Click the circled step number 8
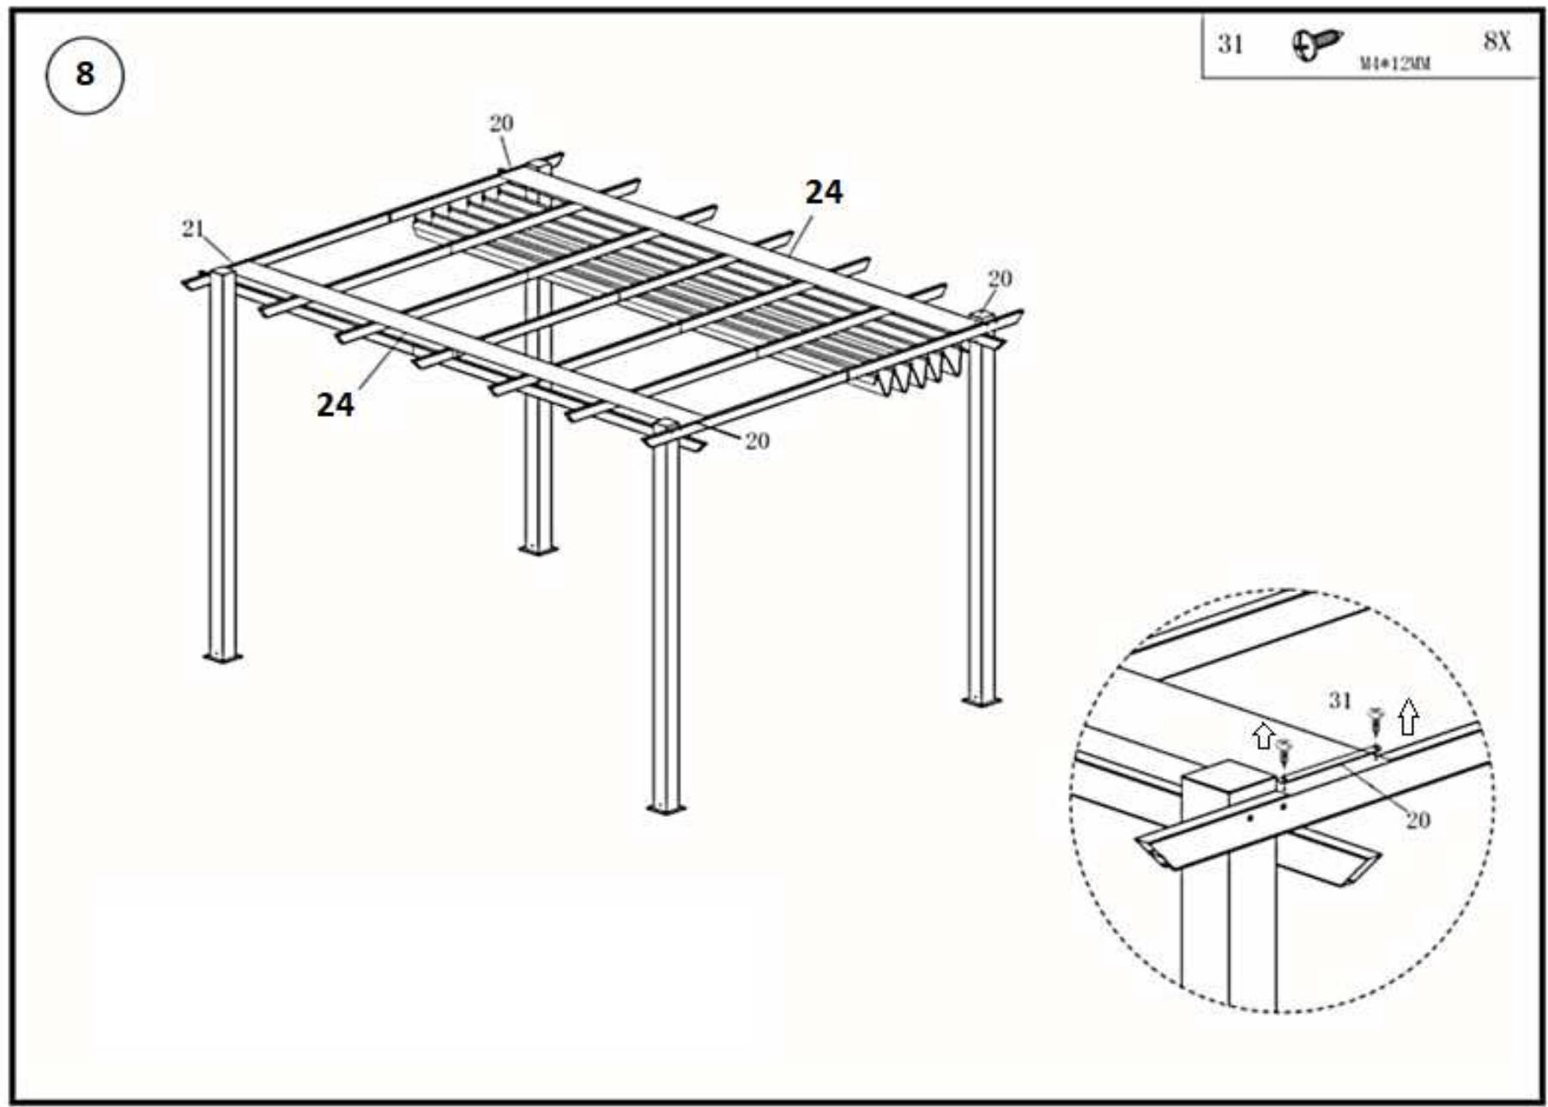(x=84, y=74)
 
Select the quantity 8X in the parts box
(x=1497, y=41)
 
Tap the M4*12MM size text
(x=1394, y=64)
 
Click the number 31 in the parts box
(x=1231, y=44)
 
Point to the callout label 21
(x=193, y=228)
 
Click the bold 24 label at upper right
(x=823, y=192)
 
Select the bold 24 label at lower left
(x=335, y=404)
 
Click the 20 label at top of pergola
(x=501, y=124)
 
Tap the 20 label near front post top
(x=756, y=441)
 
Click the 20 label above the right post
(x=1000, y=279)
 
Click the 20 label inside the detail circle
(x=1418, y=820)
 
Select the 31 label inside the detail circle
(x=1339, y=700)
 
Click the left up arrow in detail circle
(x=1262, y=735)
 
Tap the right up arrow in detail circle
(x=1407, y=717)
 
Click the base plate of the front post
(x=665, y=808)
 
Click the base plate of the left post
(x=221, y=657)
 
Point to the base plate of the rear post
(x=538, y=549)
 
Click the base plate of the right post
(x=981, y=701)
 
